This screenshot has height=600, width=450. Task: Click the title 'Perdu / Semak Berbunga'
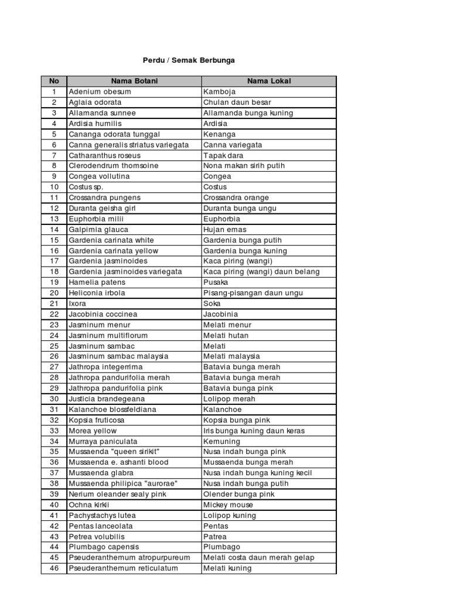(x=189, y=60)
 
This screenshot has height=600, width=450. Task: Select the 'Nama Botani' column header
(x=134, y=81)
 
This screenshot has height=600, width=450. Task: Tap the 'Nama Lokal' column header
(x=269, y=81)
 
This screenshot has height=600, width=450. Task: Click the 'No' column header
(x=54, y=81)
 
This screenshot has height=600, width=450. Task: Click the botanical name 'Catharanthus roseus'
(x=104, y=155)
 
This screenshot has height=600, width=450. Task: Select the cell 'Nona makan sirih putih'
(x=244, y=166)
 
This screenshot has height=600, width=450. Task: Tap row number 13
(x=54, y=219)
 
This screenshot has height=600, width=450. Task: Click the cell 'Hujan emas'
(x=224, y=230)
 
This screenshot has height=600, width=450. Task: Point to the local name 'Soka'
(x=212, y=304)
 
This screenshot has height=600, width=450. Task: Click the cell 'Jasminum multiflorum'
(x=108, y=335)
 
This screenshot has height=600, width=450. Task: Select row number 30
(x=54, y=399)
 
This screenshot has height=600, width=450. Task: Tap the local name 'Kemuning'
(x=221, y=441)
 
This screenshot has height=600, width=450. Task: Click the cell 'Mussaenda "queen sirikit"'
(x=114, y=452)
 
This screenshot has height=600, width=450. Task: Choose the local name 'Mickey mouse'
(x=228, y=504)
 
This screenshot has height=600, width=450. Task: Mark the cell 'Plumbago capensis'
(x=101, y=547)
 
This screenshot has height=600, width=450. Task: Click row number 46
(x=54, y=568)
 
